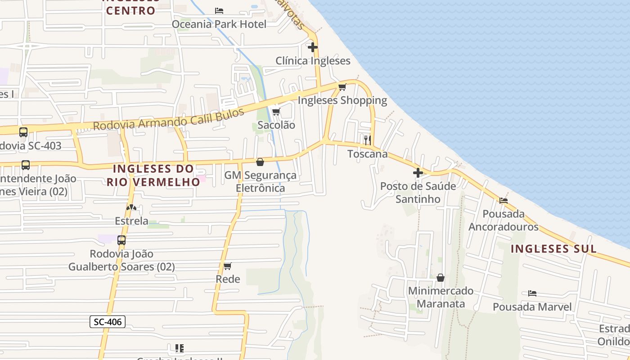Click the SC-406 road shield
click(x=107, y=321)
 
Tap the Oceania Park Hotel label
click(x=219, y=24)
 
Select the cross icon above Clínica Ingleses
click(x=313, y=47)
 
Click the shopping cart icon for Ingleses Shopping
click(x=342, y=87)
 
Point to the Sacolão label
click(x=276, y=125)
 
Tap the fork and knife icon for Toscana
click(x=367, y=140)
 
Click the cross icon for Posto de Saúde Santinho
click(x=418, y=172)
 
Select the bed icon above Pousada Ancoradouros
click(x=503, y=200)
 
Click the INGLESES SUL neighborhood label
click(x=553, y=249)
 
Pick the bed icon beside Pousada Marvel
click(x=532, y=293)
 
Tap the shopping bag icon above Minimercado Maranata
click(x=441, y=278)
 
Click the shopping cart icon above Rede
click(x=228, y=266)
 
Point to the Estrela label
click(x=131, y=221)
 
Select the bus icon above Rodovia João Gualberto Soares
click(x=121, y=240)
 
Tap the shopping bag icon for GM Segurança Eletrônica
click(x=260, y=162)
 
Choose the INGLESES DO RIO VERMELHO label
click(x=153, y=175)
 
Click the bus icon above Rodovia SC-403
click(x=23, y=132)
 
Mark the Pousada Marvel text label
click(x=532, y=307)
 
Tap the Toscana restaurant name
click(x=367, y=154)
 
